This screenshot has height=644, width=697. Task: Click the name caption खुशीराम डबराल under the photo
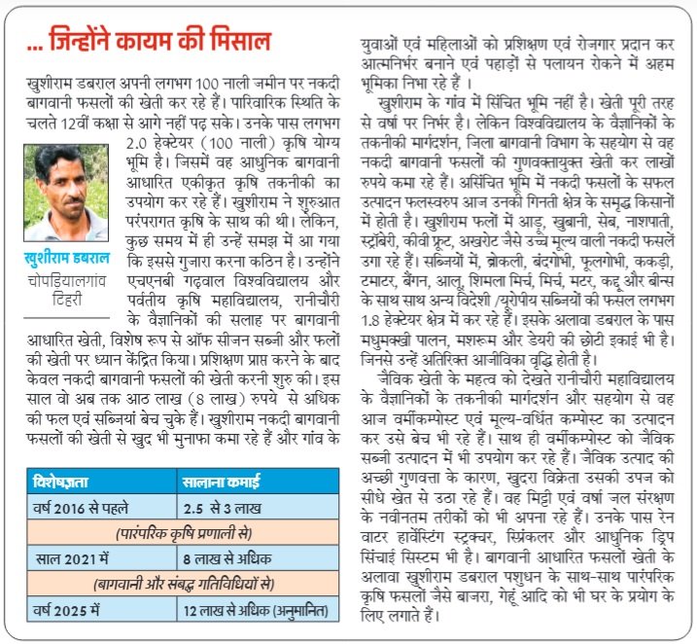click(67, 257)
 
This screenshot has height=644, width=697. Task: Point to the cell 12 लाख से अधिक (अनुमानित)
click(256, 610)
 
